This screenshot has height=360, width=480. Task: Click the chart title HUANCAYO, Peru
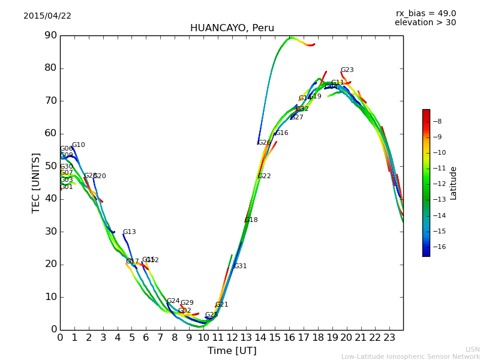232,28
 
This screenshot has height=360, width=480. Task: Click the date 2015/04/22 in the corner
47,16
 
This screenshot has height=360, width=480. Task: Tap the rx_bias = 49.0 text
425,14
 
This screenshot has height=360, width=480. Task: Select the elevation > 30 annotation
425,23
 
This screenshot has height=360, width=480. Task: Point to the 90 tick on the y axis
50,35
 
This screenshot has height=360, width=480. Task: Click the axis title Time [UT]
232,350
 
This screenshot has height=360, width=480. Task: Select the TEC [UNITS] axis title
36,182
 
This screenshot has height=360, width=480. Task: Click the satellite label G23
347,70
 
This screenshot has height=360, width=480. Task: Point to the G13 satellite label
129,232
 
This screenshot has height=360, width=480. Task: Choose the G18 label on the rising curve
251,220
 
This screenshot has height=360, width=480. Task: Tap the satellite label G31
240,266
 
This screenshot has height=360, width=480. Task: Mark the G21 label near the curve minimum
221,305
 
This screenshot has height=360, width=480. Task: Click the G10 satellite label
78,145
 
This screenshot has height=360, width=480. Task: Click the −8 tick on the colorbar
438,121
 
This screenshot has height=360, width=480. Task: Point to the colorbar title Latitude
454,182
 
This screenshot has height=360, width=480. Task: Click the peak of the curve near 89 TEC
290,37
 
